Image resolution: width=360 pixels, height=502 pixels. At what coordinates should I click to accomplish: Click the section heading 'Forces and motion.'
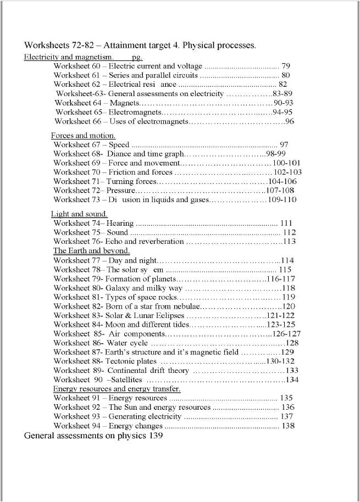pyautogui.click(x=83, y=136)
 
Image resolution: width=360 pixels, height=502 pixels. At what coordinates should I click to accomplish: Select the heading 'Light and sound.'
pyautogui.click(x=79, y=214)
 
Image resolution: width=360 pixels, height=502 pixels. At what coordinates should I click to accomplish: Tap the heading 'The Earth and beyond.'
pyautogui.click(x=91, y=251)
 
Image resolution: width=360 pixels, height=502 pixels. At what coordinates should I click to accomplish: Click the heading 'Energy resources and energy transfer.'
pyautogui.click(x=117, y=389)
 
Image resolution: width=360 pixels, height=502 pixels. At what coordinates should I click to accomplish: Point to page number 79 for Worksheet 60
pyautogui.click(x=286, y=66)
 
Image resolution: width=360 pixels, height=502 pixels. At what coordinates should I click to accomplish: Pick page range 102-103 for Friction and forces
pyautogui.click(x=287, y=172)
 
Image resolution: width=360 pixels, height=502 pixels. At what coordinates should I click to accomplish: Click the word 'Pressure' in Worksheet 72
pyautogui.click(x=120, y=191)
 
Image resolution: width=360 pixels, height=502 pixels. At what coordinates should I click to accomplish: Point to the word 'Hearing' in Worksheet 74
pyautogui.click(x=120, y=223)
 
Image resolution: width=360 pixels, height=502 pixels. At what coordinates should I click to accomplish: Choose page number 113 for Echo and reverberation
pyautogui.click(x=289, y=242)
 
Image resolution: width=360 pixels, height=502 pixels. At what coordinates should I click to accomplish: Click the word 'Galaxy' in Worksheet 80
pyautogui.click(x=118, y=288)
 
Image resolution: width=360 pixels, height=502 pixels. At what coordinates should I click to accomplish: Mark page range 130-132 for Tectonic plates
pyautogui.click(x=280, y=362)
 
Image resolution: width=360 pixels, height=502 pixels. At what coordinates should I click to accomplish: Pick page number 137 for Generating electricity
pyautogui.click(x=286, y=417)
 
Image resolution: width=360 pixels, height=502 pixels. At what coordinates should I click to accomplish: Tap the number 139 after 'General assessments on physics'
pyautogui.click(x=156, y=436)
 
